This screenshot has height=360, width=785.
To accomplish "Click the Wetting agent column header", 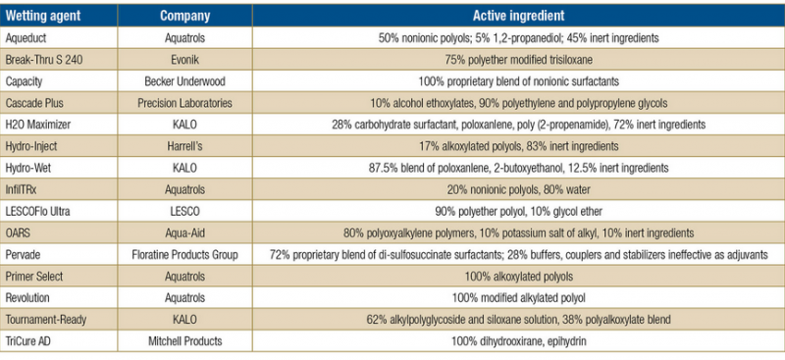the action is pyautogui.click(x=42, y=16).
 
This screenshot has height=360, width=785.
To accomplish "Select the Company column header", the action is pyautogui.click(x=184, y=16).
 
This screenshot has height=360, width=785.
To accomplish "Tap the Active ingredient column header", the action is pyautogui.click(x=518, y=16).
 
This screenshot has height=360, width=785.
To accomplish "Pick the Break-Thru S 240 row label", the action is pyautogui.click(x=43, y=60).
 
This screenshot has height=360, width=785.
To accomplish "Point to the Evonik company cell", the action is pyautogui.click(x=184, y=60).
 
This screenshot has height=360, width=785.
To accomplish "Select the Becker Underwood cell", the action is pyautogui.click(x=184, y=81).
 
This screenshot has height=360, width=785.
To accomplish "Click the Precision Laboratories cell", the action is pyautogui.click(x=184, y=103).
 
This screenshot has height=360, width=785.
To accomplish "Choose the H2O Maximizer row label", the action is pyautogui.click(x=37, y=125).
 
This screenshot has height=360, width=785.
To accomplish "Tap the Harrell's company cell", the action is pyautogui.click(x=184, y=146).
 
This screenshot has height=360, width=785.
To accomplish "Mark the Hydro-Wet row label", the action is pyautogui.click(x=27, y=168).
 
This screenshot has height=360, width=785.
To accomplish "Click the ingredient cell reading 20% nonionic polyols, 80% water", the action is pyautogui.click(x=518, y=189).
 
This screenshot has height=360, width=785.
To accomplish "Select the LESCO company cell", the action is pyautogui.click(x=184, y=211).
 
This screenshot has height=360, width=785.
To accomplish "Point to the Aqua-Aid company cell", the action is pyautogui.click(x=184, y=232).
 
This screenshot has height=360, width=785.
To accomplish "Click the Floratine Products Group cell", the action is pyautogui.click(x=184, y=255).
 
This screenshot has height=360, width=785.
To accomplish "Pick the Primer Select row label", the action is pyautogui.click(x=33, y=277).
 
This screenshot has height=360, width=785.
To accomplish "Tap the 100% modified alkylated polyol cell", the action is pyautogui.click(x=518, y=298).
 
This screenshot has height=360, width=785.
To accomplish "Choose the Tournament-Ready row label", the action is pyautogui.click(x=42, y=320).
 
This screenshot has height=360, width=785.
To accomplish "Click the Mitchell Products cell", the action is pyautogui.click(x=184, y=341).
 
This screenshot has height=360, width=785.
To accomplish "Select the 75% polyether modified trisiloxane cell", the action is pyautogui.click(x=518, y=60).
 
